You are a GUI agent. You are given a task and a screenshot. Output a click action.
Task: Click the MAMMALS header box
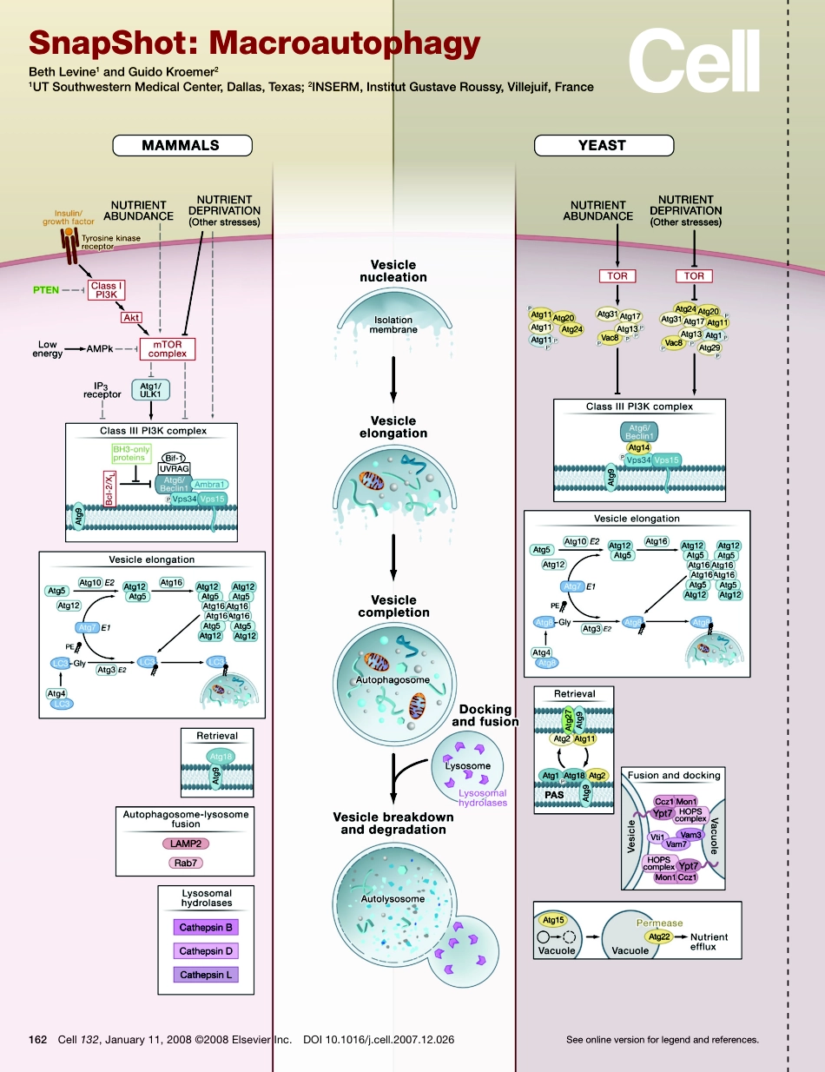pos(181,145)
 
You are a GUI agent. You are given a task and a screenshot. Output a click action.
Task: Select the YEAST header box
pos(602,145)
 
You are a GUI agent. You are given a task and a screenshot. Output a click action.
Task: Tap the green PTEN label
pos(47,290)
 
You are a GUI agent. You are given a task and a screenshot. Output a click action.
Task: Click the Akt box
pos(131,318)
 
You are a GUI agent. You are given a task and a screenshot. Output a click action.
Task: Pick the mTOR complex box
pos(168,349)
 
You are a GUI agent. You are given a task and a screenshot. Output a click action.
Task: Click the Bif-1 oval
pos(175,455)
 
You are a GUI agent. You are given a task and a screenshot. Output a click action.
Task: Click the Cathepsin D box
pos(206,951)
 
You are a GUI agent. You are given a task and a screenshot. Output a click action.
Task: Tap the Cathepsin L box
pos(206,975)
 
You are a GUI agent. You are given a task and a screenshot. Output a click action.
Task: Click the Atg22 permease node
pos(659,937)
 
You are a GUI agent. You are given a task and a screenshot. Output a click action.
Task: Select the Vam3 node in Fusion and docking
pos(690,833)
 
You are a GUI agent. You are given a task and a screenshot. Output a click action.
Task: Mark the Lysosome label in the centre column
pos(467,765)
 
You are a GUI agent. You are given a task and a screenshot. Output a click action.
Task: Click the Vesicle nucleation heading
pos(393,271)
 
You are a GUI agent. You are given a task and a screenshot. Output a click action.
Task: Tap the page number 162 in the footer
pos(37,1039)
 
